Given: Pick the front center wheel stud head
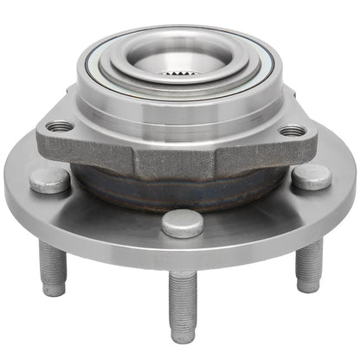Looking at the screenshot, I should (183, 222).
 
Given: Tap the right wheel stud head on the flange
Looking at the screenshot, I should (311, 177).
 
